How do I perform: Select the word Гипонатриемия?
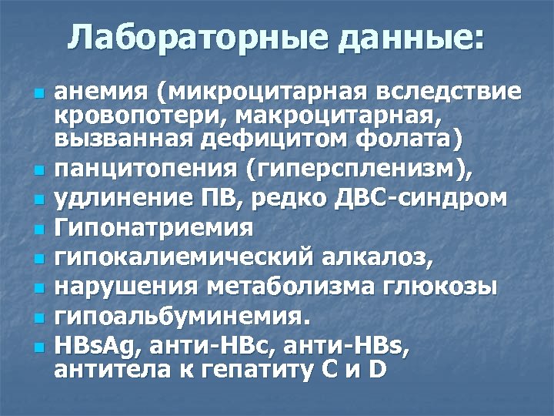click(154, 227)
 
